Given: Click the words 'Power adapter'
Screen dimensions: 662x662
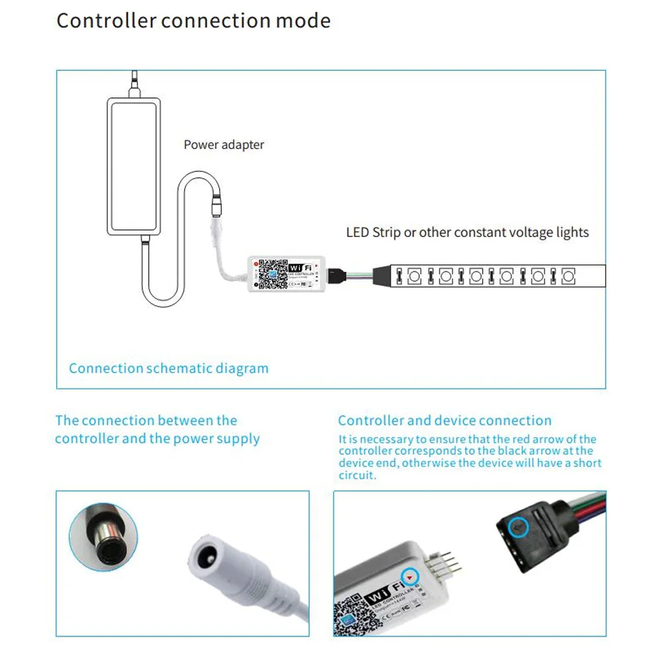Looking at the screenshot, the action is tap(224, 145).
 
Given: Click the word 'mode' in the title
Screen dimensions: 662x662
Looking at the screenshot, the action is tap(303, 21).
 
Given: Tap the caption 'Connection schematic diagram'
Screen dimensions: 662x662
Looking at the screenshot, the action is tap(169, 369).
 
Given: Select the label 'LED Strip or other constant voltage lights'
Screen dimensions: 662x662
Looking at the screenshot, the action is tap(467, 232).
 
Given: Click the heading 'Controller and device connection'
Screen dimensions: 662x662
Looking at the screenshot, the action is tap(444, 420).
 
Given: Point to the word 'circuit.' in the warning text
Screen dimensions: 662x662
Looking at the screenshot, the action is tap(357, 475).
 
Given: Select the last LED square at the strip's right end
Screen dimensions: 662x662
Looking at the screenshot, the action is tap(568, 275).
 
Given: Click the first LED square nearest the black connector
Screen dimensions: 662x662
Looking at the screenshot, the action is tap(414, 275).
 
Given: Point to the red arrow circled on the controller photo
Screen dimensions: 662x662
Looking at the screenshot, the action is tap(412, 577).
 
